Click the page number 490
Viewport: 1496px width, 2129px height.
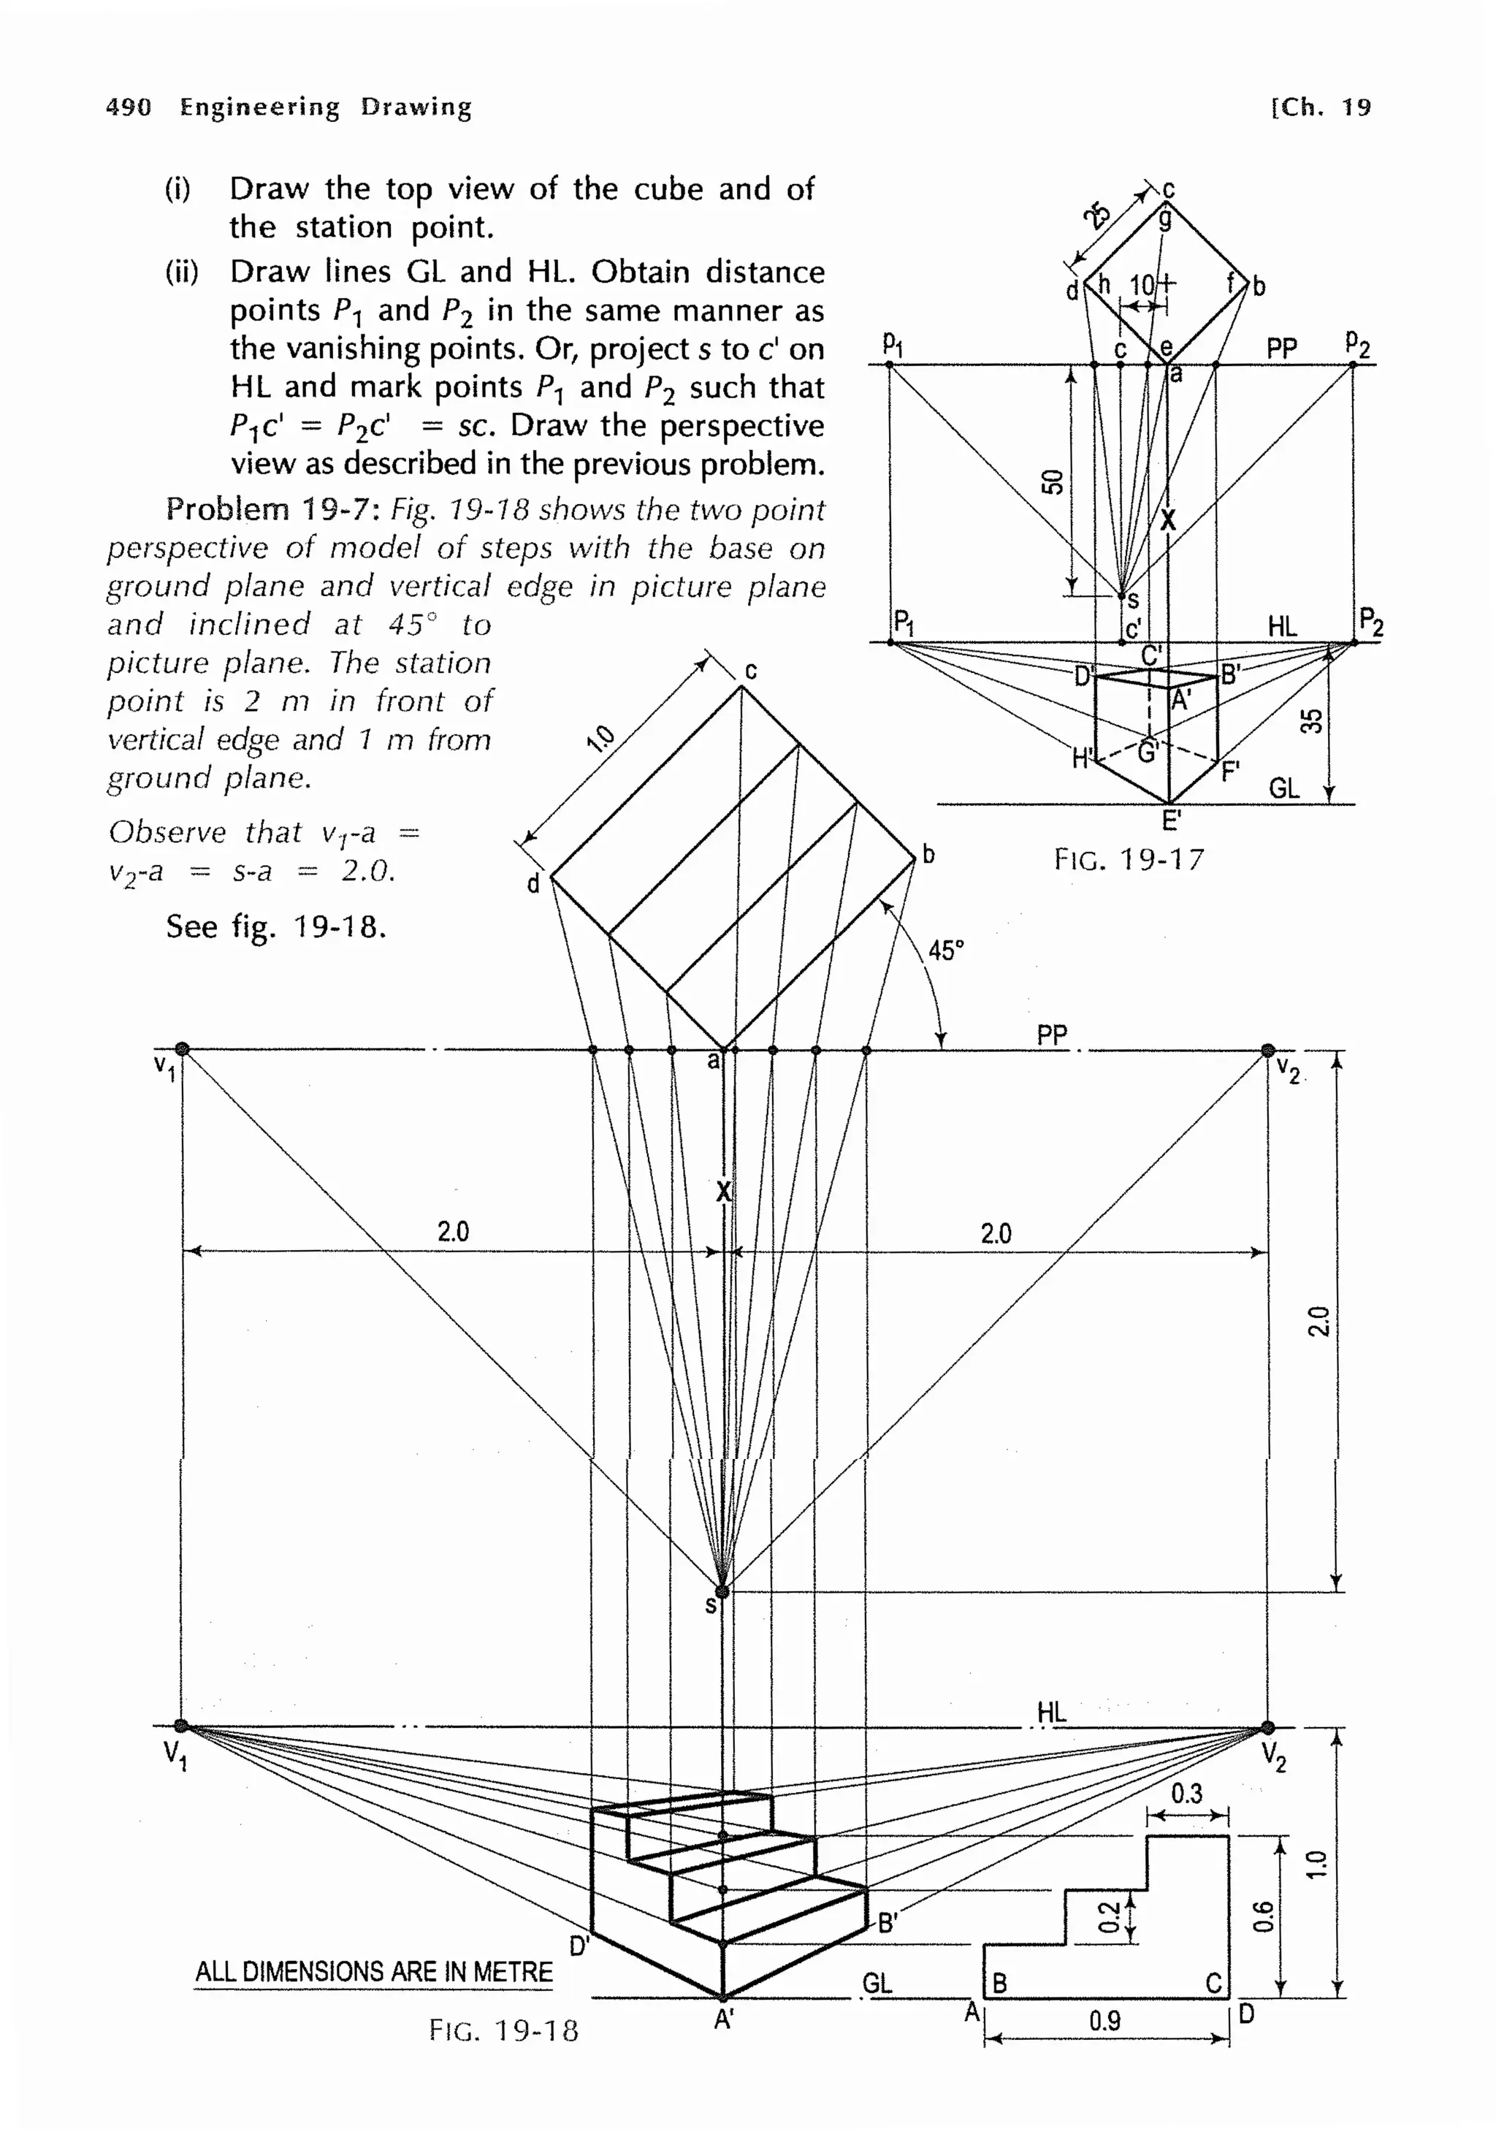(128, 107)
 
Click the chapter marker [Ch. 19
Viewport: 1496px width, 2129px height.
(1320, 107)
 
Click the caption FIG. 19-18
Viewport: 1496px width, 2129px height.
(503, 2030)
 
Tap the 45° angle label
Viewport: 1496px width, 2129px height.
(945, 950)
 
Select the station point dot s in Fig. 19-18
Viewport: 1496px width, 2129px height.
(722, 1591)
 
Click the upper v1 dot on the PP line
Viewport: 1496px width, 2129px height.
(183, 1048)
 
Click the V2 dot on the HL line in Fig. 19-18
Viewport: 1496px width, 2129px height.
(1267, 1726)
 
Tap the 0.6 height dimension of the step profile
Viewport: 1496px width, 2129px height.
(1262, 1916)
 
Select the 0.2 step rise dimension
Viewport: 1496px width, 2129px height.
(1107, 1916)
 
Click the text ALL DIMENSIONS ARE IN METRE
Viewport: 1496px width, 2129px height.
(373, 1971)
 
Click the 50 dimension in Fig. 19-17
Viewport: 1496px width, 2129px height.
(1051, 481)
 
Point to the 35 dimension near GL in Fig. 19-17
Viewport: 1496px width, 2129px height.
(1310, 720)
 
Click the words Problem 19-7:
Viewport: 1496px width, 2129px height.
(273, 509)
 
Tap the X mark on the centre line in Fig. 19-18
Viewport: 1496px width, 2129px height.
(723, 1192)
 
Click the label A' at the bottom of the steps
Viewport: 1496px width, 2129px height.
(724, 2019)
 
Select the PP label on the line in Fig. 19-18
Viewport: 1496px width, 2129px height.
(1051, 1034)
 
